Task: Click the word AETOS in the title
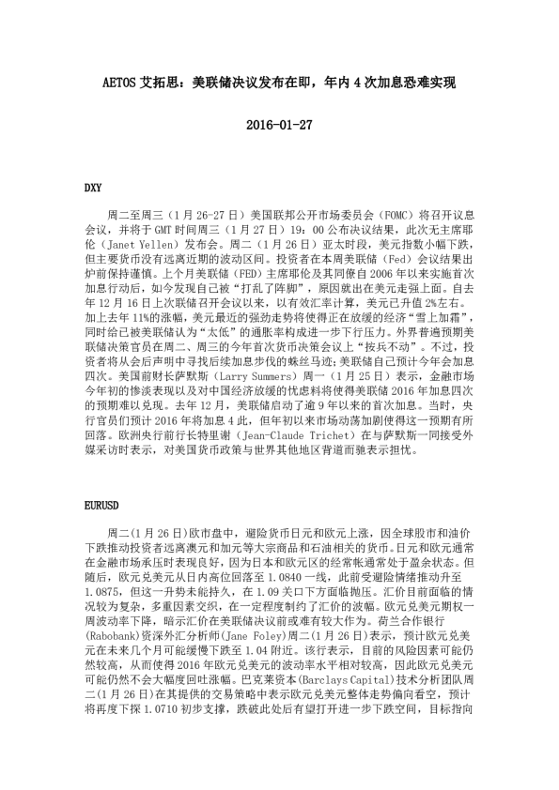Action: point(120,82)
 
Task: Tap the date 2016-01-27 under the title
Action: point(279,123)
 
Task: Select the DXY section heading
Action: point(93,187)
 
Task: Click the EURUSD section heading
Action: point(101,502)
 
